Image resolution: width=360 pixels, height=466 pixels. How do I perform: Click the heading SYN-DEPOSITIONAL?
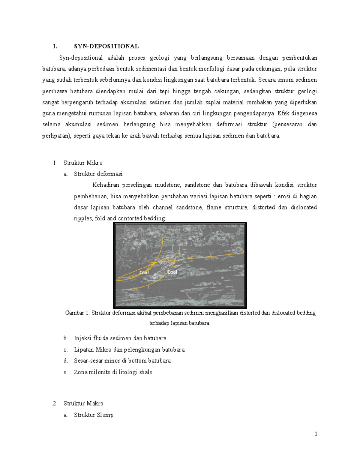(106, 46)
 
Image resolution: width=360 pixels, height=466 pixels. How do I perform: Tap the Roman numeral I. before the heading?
(55, 46)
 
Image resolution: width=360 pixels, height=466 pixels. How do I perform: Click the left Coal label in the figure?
(144, 272)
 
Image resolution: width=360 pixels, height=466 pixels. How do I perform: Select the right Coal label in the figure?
(172, 272)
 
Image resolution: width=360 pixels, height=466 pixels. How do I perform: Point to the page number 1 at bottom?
(316, 434)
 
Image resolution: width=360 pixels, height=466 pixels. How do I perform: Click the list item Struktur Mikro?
(83, 163)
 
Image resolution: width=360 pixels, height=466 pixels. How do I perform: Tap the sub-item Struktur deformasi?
(98, 174)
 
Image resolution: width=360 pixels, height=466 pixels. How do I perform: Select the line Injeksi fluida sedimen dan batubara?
(120, 338)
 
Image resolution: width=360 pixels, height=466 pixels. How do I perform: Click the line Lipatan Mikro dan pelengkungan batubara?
(129, 350)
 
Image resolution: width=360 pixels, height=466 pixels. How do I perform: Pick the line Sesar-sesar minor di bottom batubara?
(122, 361)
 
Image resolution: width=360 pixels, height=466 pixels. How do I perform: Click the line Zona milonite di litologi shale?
(113, 372)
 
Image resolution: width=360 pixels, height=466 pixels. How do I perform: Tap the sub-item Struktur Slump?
(94, 415)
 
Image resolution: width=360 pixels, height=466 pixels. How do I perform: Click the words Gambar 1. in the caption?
(77, 313)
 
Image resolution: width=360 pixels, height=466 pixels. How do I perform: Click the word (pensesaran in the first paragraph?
(287, 125)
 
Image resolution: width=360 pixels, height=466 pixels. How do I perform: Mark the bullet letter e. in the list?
(66, 372)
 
